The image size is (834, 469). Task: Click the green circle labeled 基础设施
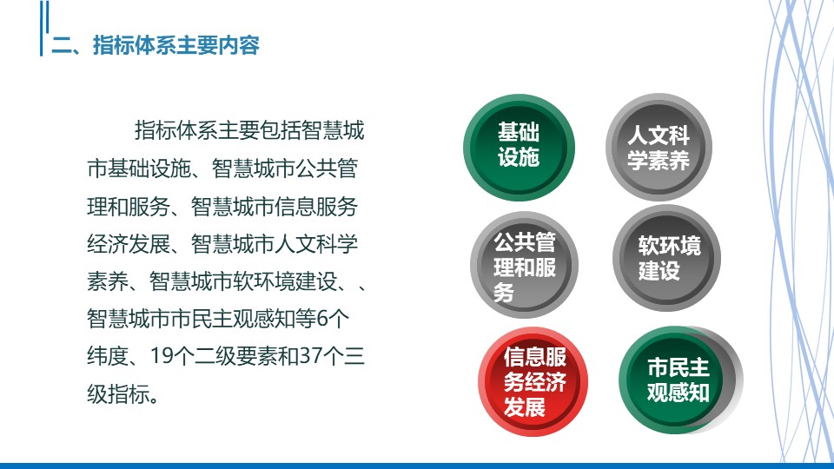[x=519, y=148]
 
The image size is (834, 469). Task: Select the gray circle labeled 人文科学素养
[x=659, y=148]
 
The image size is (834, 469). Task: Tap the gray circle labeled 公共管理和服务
[x=524, y=265]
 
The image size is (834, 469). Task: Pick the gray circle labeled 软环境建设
[x=666, y=258]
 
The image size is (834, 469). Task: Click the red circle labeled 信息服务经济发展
[x=533, y=381]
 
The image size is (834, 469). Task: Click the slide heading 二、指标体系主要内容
[x=156, y=45]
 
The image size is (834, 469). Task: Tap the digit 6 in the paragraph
[x=322, y=319]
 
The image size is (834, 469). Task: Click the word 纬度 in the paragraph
[x=108, y=356]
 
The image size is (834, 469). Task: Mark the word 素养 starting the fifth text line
[x=108, y=281]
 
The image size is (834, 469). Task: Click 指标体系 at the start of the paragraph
[x=176, y=130]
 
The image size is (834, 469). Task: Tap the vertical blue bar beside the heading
[x=42, y=28]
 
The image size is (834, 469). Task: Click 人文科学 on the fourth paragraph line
[x=316, y=244]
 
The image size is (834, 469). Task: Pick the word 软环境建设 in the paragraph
[x=285, y=281]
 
